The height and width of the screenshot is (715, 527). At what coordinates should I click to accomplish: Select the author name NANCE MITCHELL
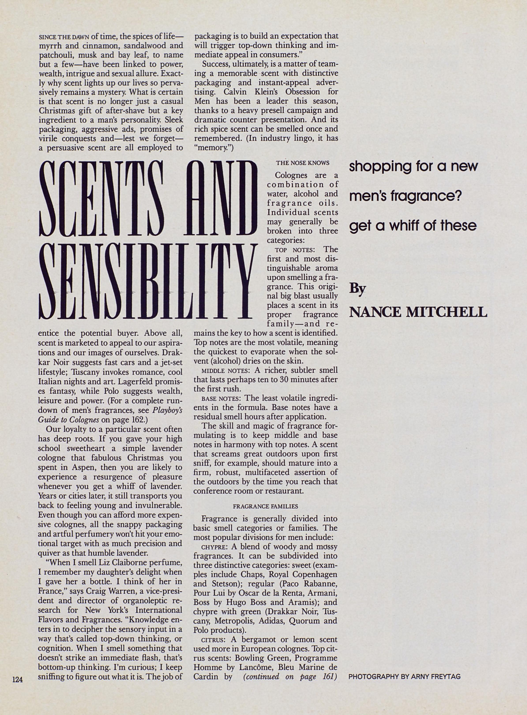point(418,312)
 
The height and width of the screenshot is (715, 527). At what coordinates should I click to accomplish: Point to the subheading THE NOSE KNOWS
point(302,163)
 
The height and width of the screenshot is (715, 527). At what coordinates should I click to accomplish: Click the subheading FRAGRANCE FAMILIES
point(265,506)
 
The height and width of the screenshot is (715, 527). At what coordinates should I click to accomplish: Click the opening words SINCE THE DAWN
point(64,37)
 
